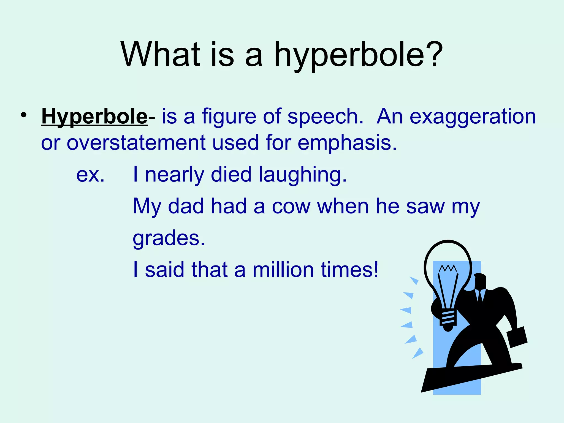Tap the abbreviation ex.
(90, 175)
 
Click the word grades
(169, 238)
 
